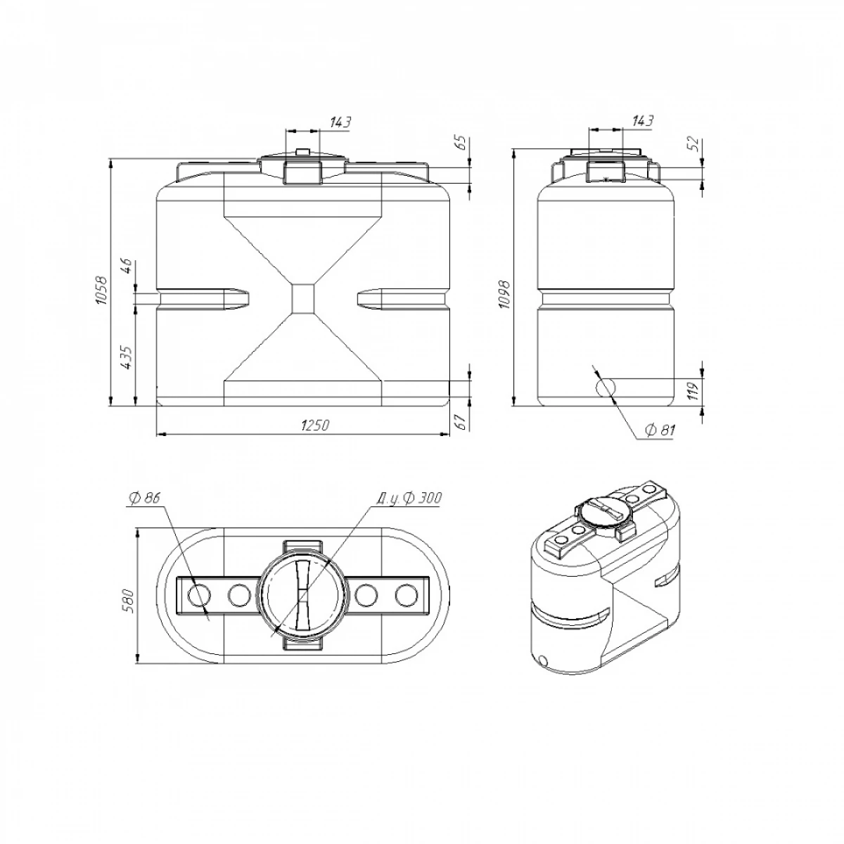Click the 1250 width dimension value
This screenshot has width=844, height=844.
click(x=315, y=426)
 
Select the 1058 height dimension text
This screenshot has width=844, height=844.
click(x=101, y=290)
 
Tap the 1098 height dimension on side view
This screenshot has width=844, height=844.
click(x=504, y=294)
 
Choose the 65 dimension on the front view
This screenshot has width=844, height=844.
click(x=462, y=143)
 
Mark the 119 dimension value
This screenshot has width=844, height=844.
click(x=693, y=391)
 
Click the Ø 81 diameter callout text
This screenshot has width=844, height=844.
click(x=660, y=430)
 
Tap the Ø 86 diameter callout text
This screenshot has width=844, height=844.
click(x=145, y=498)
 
